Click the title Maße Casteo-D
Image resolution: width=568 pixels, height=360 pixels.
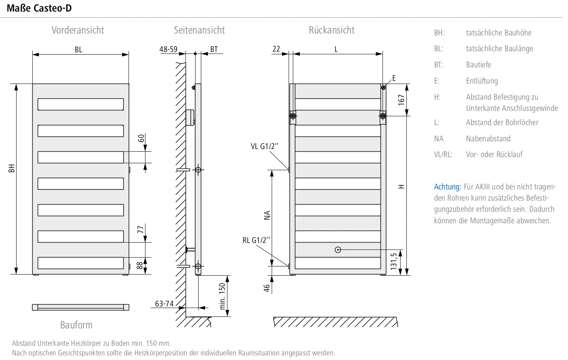click(39, 8)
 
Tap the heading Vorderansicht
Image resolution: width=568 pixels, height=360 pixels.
click(78, 30)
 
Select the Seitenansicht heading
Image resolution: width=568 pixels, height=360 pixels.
click(199, 30)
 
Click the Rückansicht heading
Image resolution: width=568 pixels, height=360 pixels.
click(331, 30)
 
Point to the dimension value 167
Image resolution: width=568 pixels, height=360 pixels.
click(401, 100)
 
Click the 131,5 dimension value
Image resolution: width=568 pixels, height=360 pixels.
click(394, 261)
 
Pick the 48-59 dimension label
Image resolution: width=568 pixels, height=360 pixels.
click(169, 49)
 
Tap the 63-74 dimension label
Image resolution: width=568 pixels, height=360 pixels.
click(164, 303)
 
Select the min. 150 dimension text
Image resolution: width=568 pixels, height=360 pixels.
click(222, 296)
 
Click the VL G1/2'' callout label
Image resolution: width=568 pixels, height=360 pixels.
click(264, 146)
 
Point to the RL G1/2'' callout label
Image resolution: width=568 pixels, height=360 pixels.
click(256, 240)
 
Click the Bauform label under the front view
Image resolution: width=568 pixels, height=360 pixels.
click(76, 325)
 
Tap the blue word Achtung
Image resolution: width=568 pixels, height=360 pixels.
click(447, 187)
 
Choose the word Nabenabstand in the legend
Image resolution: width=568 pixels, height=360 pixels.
click(488, 139)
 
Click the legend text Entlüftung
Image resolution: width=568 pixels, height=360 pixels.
click(482, 81)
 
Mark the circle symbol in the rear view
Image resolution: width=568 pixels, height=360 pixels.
click(338, 250)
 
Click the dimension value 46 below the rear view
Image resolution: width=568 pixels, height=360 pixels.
click(267, 288)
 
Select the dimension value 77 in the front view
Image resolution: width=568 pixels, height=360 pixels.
click(140, 229)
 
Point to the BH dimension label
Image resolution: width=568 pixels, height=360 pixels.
click(12, 169)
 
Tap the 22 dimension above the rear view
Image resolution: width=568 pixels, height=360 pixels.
click(276, 49)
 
